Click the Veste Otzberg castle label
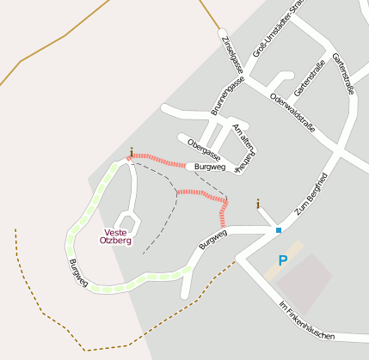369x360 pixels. tap(116, 236)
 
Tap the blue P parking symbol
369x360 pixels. tap(282, 260)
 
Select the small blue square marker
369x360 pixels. tap(278, 230)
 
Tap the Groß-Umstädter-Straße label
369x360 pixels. tap(286, 34)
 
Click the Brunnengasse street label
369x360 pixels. tap(228, 95)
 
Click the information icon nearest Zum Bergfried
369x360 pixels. tap(257, 204)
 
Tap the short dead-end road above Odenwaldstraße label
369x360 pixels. tap(277, 79)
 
